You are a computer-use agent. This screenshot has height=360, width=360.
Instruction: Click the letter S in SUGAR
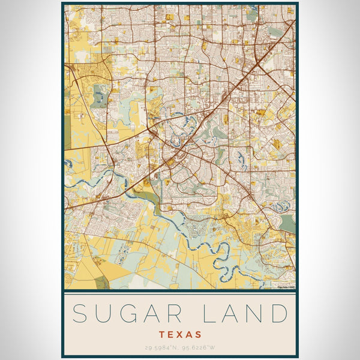[x=81, y=314]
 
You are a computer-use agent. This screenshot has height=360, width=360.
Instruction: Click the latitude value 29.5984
[x=158, y=347]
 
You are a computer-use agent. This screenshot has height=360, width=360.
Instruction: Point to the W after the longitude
[x=214, y=347]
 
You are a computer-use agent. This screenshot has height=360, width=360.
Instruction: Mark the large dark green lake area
[x=288, y=223]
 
